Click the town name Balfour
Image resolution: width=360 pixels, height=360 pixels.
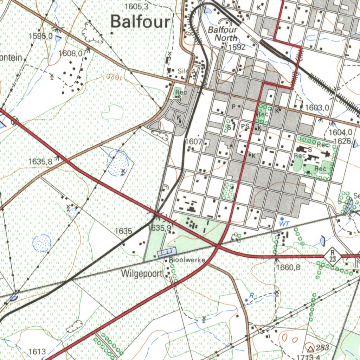click(140, 22)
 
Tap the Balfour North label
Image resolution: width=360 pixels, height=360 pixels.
click(223, 34)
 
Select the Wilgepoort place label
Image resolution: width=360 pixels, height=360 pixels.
click(142, 274)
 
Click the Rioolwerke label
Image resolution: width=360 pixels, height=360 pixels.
click(187, 261)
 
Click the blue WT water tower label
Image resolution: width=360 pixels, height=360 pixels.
click(283, 223)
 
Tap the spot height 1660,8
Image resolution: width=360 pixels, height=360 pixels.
click(288, 268)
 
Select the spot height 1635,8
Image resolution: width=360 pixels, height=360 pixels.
click(40, 162)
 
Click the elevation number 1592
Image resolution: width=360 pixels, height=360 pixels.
click(237, 47)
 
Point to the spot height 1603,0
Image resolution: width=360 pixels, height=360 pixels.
click(317, 108)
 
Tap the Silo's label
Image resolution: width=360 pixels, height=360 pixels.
click(186, 71)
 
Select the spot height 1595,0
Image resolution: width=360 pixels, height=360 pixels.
click(41, 36)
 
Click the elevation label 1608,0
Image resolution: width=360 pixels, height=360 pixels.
click(72, 53)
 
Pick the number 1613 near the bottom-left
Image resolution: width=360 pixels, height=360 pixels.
click(37, 352)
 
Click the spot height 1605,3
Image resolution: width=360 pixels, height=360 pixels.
click(136, 7)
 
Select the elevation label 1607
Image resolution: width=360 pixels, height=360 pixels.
click(193, 142)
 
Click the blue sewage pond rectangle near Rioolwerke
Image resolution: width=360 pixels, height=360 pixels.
click(167, 252)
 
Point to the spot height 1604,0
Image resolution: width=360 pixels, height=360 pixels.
click(341, 133)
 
